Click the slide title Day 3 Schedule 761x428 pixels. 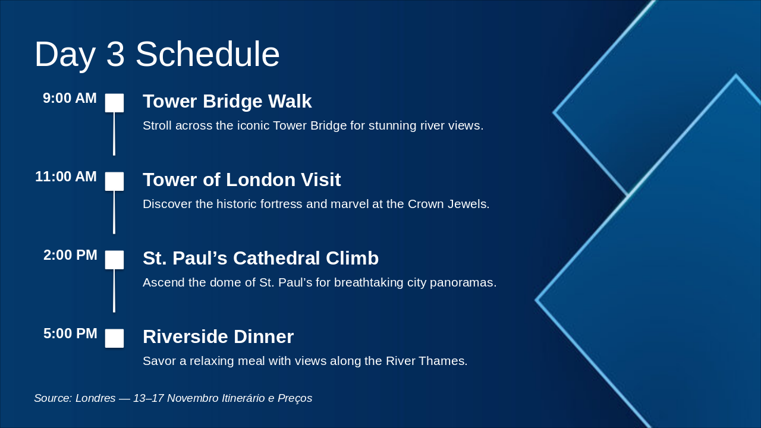(x=157, y=54)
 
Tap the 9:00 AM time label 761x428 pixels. (x=70, y=98)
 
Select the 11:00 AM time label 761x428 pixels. (x=66, y=177)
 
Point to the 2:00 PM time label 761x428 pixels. (x=70, y=255)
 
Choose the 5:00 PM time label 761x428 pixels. (x=70, y=333)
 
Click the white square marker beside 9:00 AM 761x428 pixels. (x=114, y=103)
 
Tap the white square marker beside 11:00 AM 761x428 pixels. (x=114, y=181)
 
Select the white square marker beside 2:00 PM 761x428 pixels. (x=114, y=260)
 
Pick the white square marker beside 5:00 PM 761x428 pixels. (x=114, y=338)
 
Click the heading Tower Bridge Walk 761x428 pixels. (x=227, y=101)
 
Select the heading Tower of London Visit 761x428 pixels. (x=242, y=180)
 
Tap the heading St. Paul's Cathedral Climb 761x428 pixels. (x=260, y=258)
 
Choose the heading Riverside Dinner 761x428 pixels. (x=218, y=336)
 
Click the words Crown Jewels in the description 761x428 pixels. (x=448, y=204)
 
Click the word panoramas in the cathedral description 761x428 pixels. (x=463, y=282)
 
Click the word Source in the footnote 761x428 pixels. (x=53, y=398)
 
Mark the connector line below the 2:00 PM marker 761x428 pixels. (x=114, y=291)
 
